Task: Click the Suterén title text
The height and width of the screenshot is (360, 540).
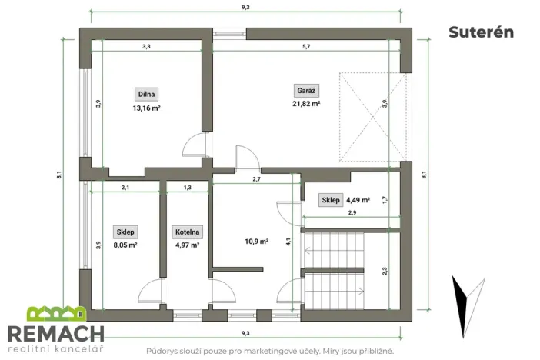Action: (481, 32)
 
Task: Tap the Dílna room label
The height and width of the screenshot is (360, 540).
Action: (146, 94)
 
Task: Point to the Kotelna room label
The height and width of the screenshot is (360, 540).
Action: (188, 231)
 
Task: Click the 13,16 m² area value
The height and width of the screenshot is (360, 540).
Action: (146, 108)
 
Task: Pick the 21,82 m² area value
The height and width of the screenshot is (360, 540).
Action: (306, 103)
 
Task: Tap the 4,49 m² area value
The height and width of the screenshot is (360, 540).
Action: (358, 200)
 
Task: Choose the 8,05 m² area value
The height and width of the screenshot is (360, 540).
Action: (125, 245)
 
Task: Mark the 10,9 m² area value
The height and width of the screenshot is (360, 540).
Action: (257, 241)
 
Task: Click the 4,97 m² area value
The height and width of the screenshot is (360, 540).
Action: (188, 245)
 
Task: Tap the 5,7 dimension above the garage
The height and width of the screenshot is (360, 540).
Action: (306, 47)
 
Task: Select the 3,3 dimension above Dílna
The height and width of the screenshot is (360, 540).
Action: (146, 47)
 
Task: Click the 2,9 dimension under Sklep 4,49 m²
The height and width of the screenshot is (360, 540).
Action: (352, 212)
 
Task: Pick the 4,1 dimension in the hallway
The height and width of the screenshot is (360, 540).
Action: (288, 241)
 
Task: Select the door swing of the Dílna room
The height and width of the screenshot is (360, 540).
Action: (194, 145)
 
